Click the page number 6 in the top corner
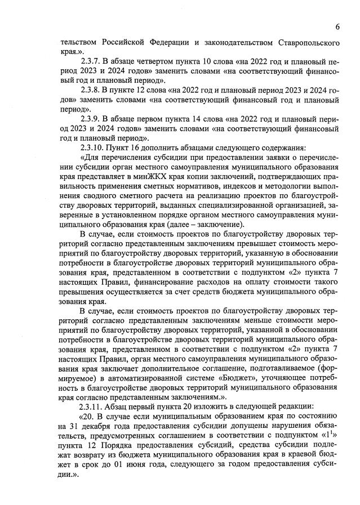(x=336, y=26)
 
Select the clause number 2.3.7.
(x=94, y=61)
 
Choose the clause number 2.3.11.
(x=96, y=406)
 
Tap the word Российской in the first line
(x=128, y=42)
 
